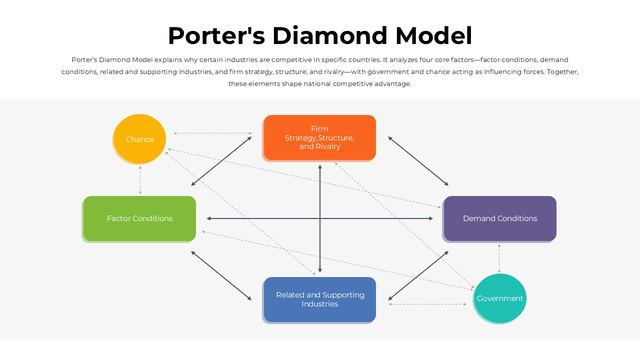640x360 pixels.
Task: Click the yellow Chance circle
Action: (x=139, y=139)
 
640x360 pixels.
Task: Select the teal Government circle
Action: (x=499, y=298)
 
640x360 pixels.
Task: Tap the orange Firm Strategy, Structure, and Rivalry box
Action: (x=319, y=137)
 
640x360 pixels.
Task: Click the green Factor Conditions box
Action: (x=139, y=218)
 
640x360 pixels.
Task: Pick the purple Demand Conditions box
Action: (x=499, y=218)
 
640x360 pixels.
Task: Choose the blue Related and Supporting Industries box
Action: (x=319, y=299)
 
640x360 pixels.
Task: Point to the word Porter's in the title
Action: (x=216, y=36)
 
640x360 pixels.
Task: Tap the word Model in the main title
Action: (x=433, y=36)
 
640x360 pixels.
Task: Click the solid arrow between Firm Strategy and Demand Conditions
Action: (x=418, y=161)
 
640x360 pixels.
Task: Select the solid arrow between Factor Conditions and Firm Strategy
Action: (x=221, y=161)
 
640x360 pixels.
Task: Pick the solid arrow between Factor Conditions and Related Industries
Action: (x=221, y=275)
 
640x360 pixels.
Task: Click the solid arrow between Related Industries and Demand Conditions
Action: (x=418, y=275)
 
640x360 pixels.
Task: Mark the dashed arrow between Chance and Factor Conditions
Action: (x=140, y=180)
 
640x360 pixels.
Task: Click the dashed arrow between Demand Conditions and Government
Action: (x=499, y=258)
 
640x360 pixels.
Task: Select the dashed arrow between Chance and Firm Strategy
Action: (x=213, y=133)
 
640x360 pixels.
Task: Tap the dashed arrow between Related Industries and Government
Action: (x=427, y=304)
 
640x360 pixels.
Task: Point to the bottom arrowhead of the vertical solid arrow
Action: (x=320, y=270)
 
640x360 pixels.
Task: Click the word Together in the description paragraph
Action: (x=562, y=72)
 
